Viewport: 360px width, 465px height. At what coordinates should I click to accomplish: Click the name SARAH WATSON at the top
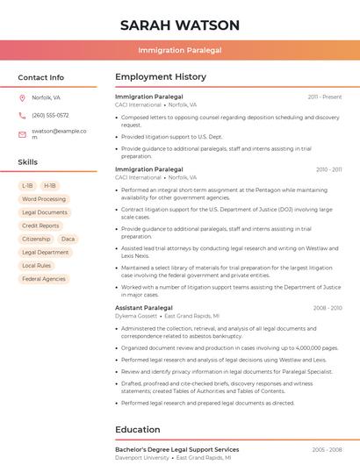coord(180,25)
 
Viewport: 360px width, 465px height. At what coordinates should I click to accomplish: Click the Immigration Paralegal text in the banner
coord(180,50)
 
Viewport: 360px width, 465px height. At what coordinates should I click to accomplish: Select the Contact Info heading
coord(40,77)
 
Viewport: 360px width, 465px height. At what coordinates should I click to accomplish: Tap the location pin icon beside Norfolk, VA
coord(22,97)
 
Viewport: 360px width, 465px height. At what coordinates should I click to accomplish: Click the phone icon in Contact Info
coord(22,115)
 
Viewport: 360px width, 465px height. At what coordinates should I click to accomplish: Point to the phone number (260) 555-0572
coord(50,115)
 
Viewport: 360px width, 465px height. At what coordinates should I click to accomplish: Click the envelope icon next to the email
coord(22,134)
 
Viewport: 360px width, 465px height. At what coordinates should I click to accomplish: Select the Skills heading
coord(28,162)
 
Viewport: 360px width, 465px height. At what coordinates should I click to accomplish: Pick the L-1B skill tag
coord(27,186)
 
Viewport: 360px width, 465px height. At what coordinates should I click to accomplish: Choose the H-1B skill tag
coord(50,186)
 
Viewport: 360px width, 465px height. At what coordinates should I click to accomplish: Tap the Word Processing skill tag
coord(44,199)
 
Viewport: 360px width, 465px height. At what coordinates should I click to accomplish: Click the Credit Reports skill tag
coord(40,225)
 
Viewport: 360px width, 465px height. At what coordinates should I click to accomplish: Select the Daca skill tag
coord(68,239)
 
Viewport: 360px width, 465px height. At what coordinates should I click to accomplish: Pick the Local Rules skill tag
coord(37,265)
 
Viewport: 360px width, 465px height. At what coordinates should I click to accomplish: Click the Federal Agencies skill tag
coord(44,279)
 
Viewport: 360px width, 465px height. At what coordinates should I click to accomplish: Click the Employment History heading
coord(161,77)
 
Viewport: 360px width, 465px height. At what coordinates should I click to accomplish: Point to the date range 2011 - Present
coord(325,97)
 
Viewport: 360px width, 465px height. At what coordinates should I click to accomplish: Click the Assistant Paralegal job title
coord(144,308)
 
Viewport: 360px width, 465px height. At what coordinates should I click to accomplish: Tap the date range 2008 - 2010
coord(327,308)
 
